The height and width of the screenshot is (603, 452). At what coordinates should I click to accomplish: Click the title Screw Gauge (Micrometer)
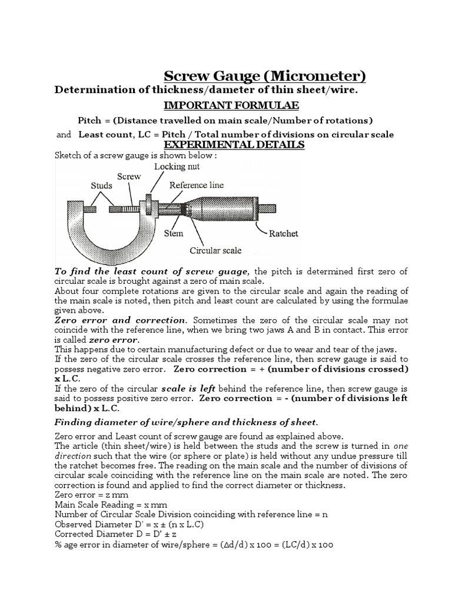264,77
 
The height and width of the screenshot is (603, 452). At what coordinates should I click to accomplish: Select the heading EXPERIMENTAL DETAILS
234,145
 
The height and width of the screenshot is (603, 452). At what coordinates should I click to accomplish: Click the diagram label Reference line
196,185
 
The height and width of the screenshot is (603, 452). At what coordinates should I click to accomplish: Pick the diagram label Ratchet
283,233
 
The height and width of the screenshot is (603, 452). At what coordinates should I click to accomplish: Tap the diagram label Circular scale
215,250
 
